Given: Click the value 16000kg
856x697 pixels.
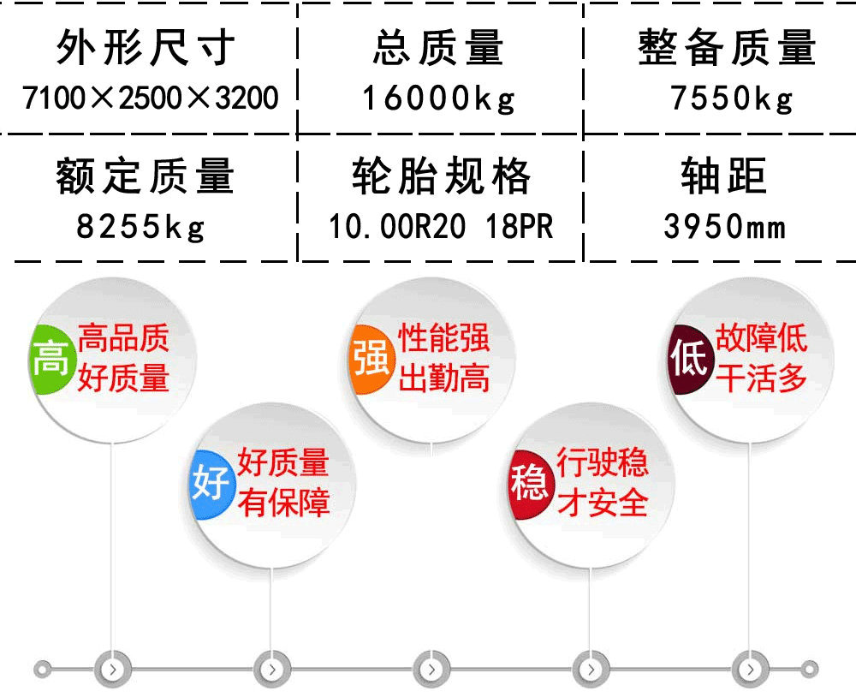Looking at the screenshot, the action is pyautogui.click(x=438, y=98).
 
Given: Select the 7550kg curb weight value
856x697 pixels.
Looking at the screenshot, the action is pyautogui.click(x=732, y=98).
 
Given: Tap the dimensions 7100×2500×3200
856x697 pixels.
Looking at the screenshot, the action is pyautogui.click(x=151, y=98).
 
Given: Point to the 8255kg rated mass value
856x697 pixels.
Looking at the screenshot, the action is pyautogui.click(x=141, y=227).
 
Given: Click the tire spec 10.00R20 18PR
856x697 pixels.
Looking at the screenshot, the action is pyautogui.click(x=441, y=227).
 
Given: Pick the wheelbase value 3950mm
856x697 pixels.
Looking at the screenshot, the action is pyautogui.click(x=724, y=226).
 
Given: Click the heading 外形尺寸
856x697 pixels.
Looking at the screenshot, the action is pyautogui.click(x=146, y=48).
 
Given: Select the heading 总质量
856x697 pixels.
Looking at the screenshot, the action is pyautogui.click(x=437, y=48).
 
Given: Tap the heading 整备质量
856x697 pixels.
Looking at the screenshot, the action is pyautogui.click(x=727, y=48).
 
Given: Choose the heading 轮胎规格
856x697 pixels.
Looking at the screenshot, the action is pyautogui.click(x=441, y=176).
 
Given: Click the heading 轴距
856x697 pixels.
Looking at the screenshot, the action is pyautogui.click(x=724, y=176).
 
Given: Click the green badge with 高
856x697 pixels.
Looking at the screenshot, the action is pyautogui.click(x=51, y=359).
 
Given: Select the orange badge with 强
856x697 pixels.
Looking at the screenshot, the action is pyautogui.click(x=372, y=359).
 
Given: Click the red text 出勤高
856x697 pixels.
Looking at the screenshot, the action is pyautogui.click(x=443, y=378).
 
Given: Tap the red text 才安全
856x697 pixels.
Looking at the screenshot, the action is pyautogui.click(x=603, y=503).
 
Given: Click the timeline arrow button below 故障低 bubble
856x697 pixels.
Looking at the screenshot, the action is pyautogui.click(x=750, y=669).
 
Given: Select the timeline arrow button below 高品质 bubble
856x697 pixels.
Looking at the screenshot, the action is pyautogui.click(x=112, y=669).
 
